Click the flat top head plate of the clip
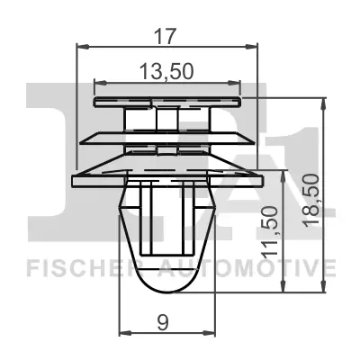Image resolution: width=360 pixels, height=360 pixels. [167, 102]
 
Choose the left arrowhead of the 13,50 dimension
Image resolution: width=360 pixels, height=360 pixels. [96, 83]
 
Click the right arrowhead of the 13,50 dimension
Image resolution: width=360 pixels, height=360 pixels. [238, 83]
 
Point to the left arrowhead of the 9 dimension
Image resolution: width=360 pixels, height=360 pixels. [122, 332]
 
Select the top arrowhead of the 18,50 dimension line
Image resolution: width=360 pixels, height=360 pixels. [322, 101]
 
